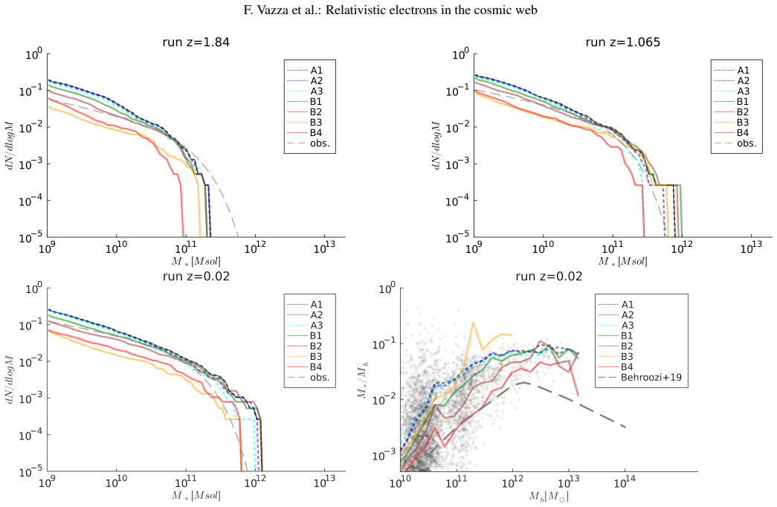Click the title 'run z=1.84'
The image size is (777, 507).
pos(196,42)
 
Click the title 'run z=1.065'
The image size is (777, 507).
pos(622,42)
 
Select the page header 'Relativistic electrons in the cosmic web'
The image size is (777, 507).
pos(431,10)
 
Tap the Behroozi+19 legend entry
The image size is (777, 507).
pos(640,377)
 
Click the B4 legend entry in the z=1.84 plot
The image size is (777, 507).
pos(303,133)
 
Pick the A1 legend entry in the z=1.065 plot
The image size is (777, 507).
pos(730,71)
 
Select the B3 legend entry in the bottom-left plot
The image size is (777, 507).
pos(303,356)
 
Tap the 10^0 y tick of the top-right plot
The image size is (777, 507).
pos(460,54)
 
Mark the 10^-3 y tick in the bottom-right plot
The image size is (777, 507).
pos(385,455)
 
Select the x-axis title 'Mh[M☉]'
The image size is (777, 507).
pos(549,496)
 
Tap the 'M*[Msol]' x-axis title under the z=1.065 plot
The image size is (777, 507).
pos(622,261)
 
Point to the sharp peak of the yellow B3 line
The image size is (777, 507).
pos(473,323)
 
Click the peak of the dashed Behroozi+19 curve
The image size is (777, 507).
pos(523,382)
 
